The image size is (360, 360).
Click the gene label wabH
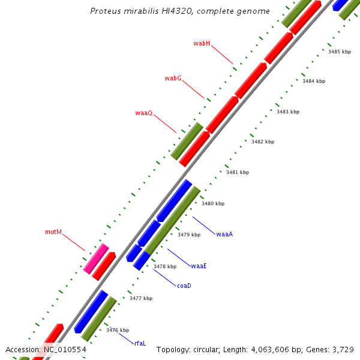click(202, 43)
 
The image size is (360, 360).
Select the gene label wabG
click(173, 79)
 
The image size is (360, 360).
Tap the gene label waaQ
click(144, 113)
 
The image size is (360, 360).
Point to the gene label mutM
click(53, 232)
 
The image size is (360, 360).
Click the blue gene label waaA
click(224, 234)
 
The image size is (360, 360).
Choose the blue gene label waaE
click(199, 266)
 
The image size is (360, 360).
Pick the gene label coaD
click(184, 286)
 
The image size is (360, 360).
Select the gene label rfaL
click(140, 343)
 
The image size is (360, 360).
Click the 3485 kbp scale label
click(340, 52)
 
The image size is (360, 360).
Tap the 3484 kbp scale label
click(314, 81)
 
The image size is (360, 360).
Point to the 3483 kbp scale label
click(288, 112)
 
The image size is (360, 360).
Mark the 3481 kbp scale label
click(238, 172)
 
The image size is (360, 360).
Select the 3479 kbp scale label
click(189, 235)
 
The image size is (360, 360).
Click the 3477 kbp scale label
click(141, 298)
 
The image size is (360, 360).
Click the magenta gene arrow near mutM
click(96, 259)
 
